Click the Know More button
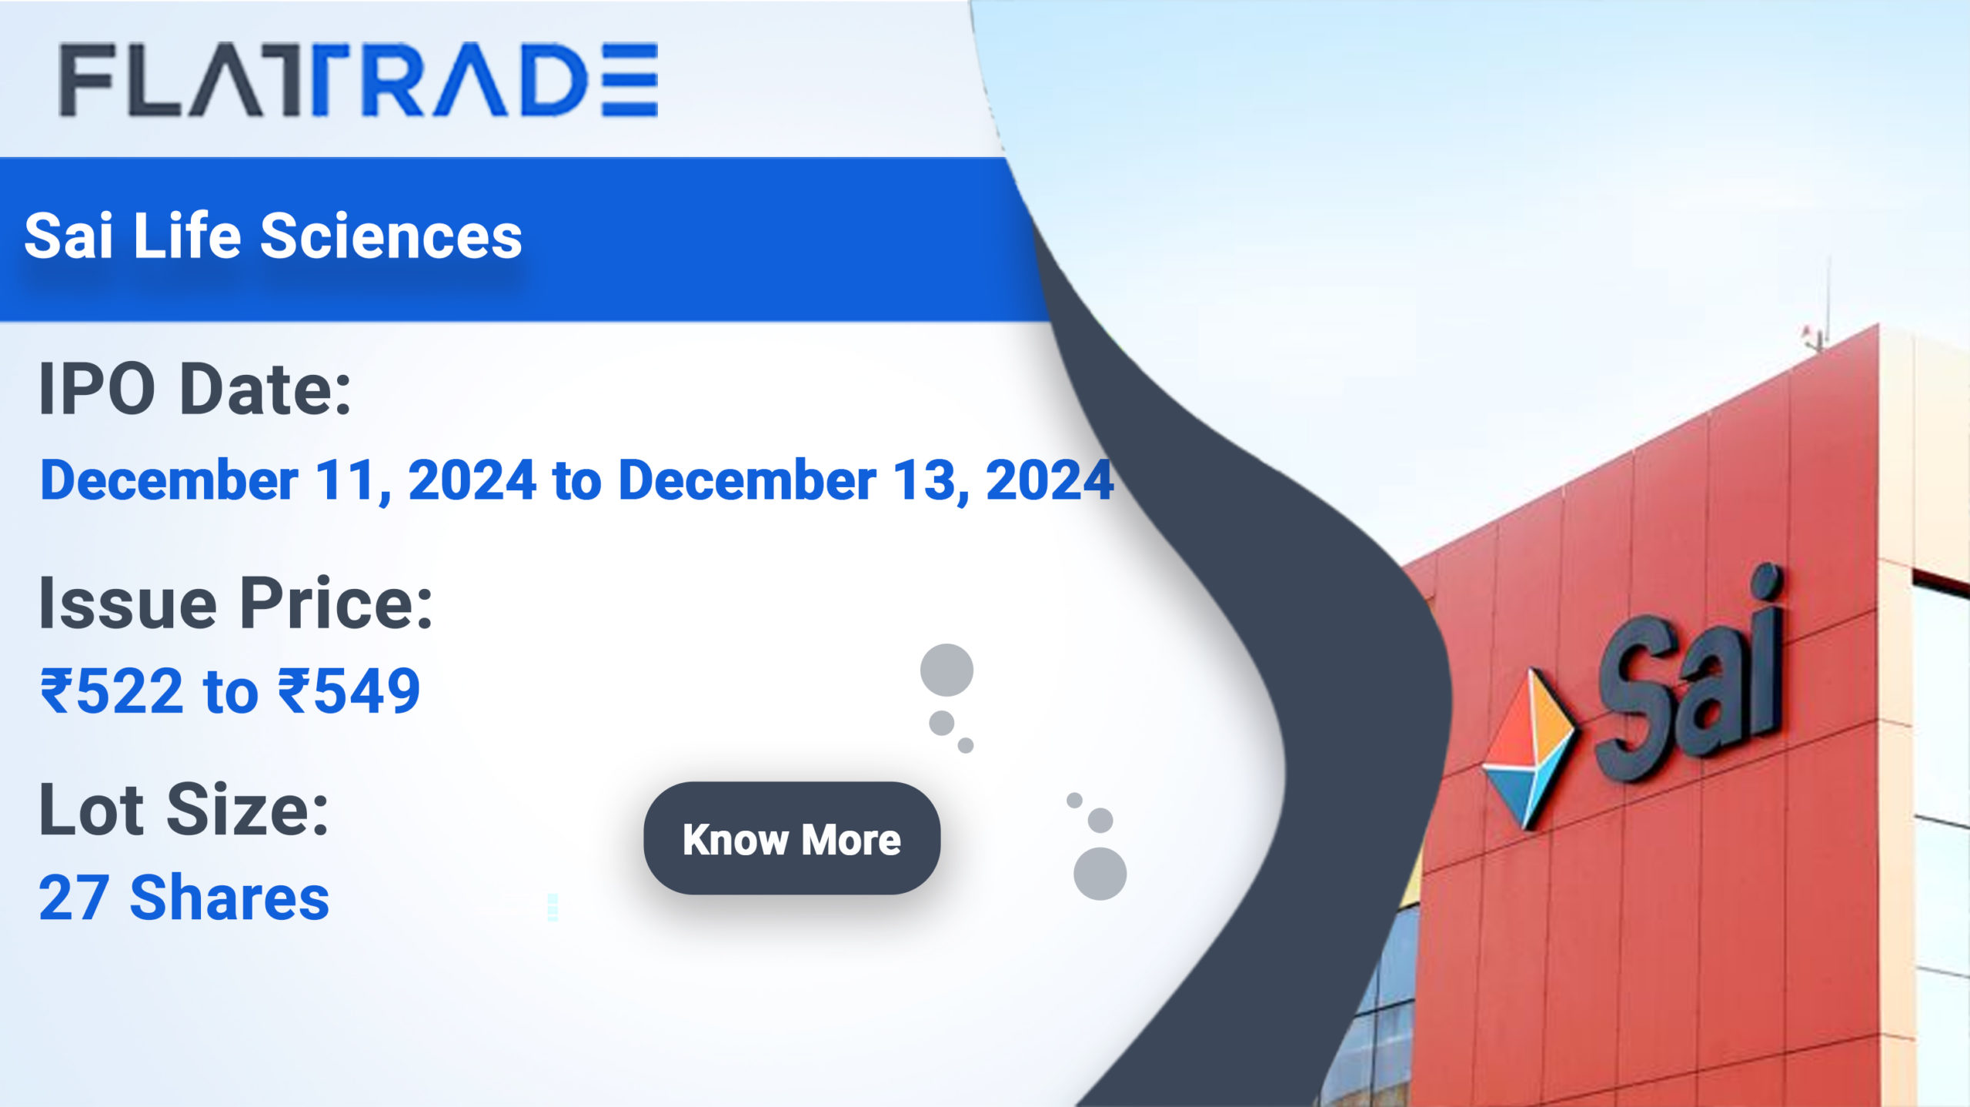coord(792,838)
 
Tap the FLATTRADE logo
coord(359,79)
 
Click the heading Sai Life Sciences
coord(273,236)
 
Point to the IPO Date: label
coord(195,390)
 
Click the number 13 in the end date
coord(924,481)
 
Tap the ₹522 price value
coord(112,691)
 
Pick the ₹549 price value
coord(349,691)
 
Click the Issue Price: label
coord(236,604)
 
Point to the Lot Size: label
coord(184,809)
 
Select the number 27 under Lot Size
coord(74,898)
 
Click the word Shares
coord(230,898)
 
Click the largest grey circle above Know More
coord(947,670)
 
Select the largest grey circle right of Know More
coord(1100,874)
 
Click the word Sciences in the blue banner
coord(392,236)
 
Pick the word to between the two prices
coord(231,692)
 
